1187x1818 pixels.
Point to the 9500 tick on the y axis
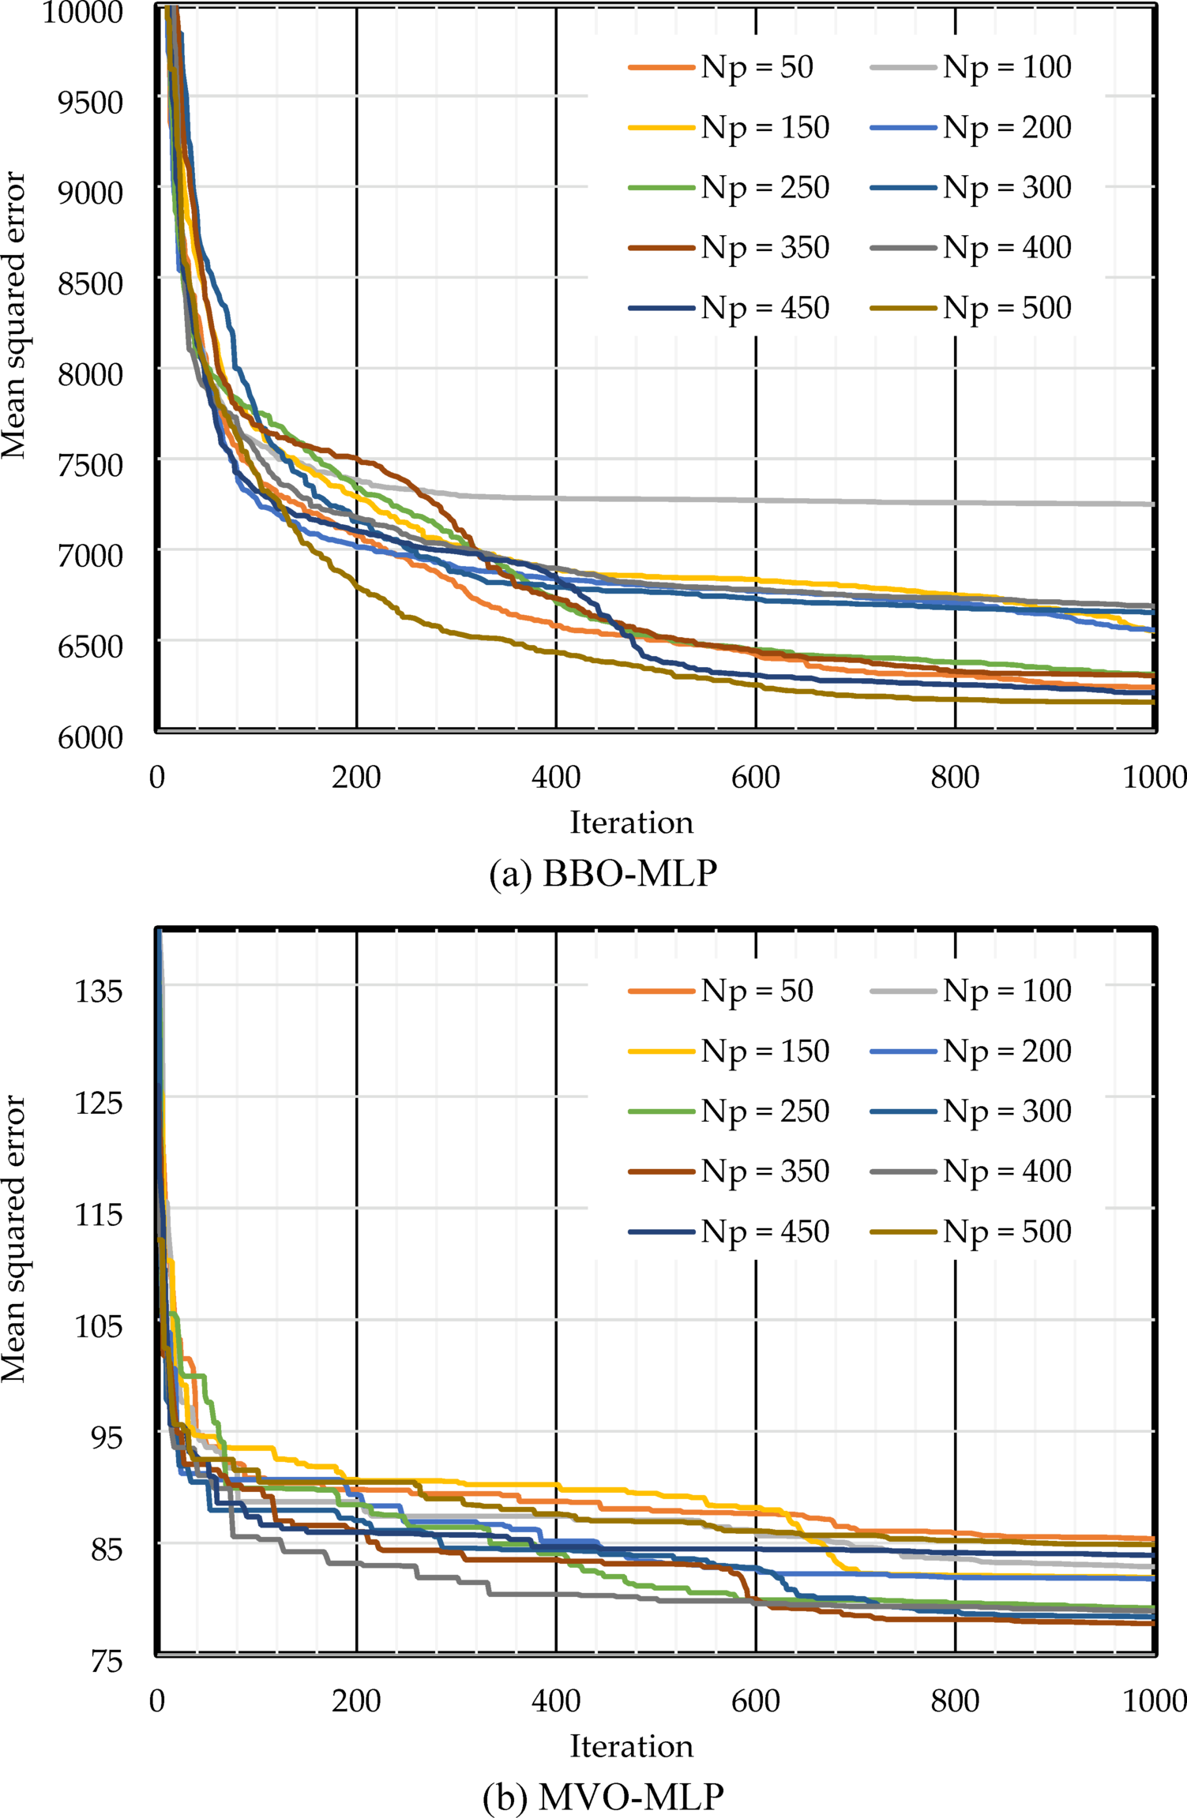tap(90, 102)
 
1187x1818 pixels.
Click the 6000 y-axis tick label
tap(90, 737)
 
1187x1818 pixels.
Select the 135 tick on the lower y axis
tap(99, 991)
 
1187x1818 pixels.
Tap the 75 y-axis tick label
tap(107, 1661)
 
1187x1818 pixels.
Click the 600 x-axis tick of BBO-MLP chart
tap(755, 778)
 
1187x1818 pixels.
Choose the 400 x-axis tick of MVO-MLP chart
tap(556, 1701)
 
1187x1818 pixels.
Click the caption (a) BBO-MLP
tap(603, 875)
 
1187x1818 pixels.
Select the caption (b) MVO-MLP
tap(603, 1797)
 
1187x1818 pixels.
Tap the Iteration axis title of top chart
tap(631, 823)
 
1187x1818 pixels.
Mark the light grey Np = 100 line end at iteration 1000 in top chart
tap(1152, 504)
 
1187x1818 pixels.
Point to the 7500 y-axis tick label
tap(90, 465)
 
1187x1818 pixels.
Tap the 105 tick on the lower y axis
tap(99, 1325)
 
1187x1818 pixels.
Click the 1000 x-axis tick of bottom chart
tap(1153, 1701)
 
